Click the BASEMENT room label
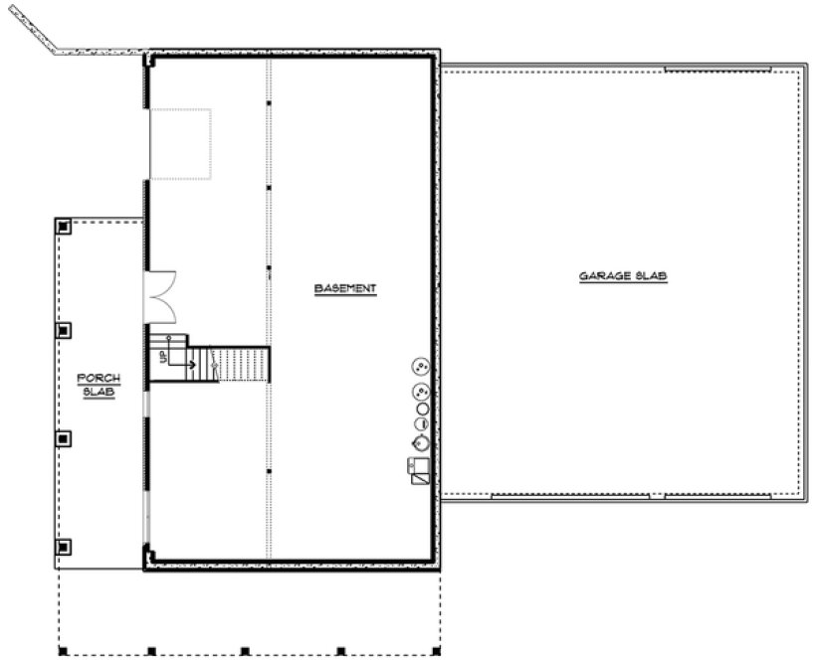pos(345,289)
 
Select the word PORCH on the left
pos(100,378)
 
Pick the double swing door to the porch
pos(161,296)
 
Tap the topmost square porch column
pos(65,226)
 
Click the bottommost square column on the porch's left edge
pos(65,546)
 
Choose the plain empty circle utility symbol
pos(422,408)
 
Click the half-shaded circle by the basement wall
pos(422,423)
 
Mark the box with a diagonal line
pos(419,479)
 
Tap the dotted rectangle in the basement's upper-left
pos(180,144)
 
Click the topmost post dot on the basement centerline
pos(269,103)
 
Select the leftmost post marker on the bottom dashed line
pos(62,652)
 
